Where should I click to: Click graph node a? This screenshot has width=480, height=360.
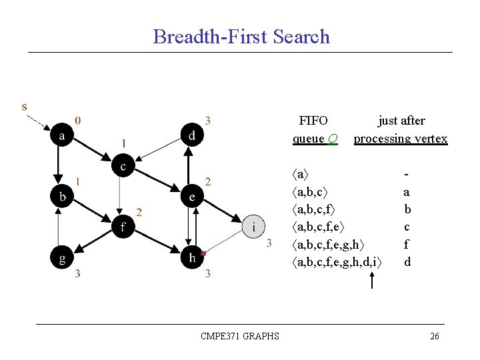click(x=62, y=135)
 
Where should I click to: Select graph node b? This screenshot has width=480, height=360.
click(x=62, y=197)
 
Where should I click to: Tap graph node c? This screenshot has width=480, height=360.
click(x=123, y=166)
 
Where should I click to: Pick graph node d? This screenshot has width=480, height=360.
click(x=192, y=135)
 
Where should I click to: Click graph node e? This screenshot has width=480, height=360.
click(x=192, y=197)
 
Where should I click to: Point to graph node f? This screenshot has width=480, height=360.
click(x=123, y=227)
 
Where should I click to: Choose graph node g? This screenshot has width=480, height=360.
click(x=62, y=259)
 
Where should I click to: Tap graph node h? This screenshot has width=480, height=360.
click(x=192, y=259)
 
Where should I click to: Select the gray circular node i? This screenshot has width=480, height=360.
click(x=254, y=227)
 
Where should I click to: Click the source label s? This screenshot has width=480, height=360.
click(x=25, y=106)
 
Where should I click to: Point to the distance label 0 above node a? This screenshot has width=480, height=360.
click(x=79, y=121)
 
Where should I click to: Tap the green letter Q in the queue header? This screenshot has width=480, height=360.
click(x=333, y=139)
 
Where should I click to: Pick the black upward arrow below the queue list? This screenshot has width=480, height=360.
click(x=371, y=280)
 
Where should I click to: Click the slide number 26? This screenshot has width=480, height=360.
click(x=435, y=336)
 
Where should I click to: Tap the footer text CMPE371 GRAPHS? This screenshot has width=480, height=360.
click(x=240, y=336)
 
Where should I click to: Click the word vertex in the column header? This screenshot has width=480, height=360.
click(x=431, y=139)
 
